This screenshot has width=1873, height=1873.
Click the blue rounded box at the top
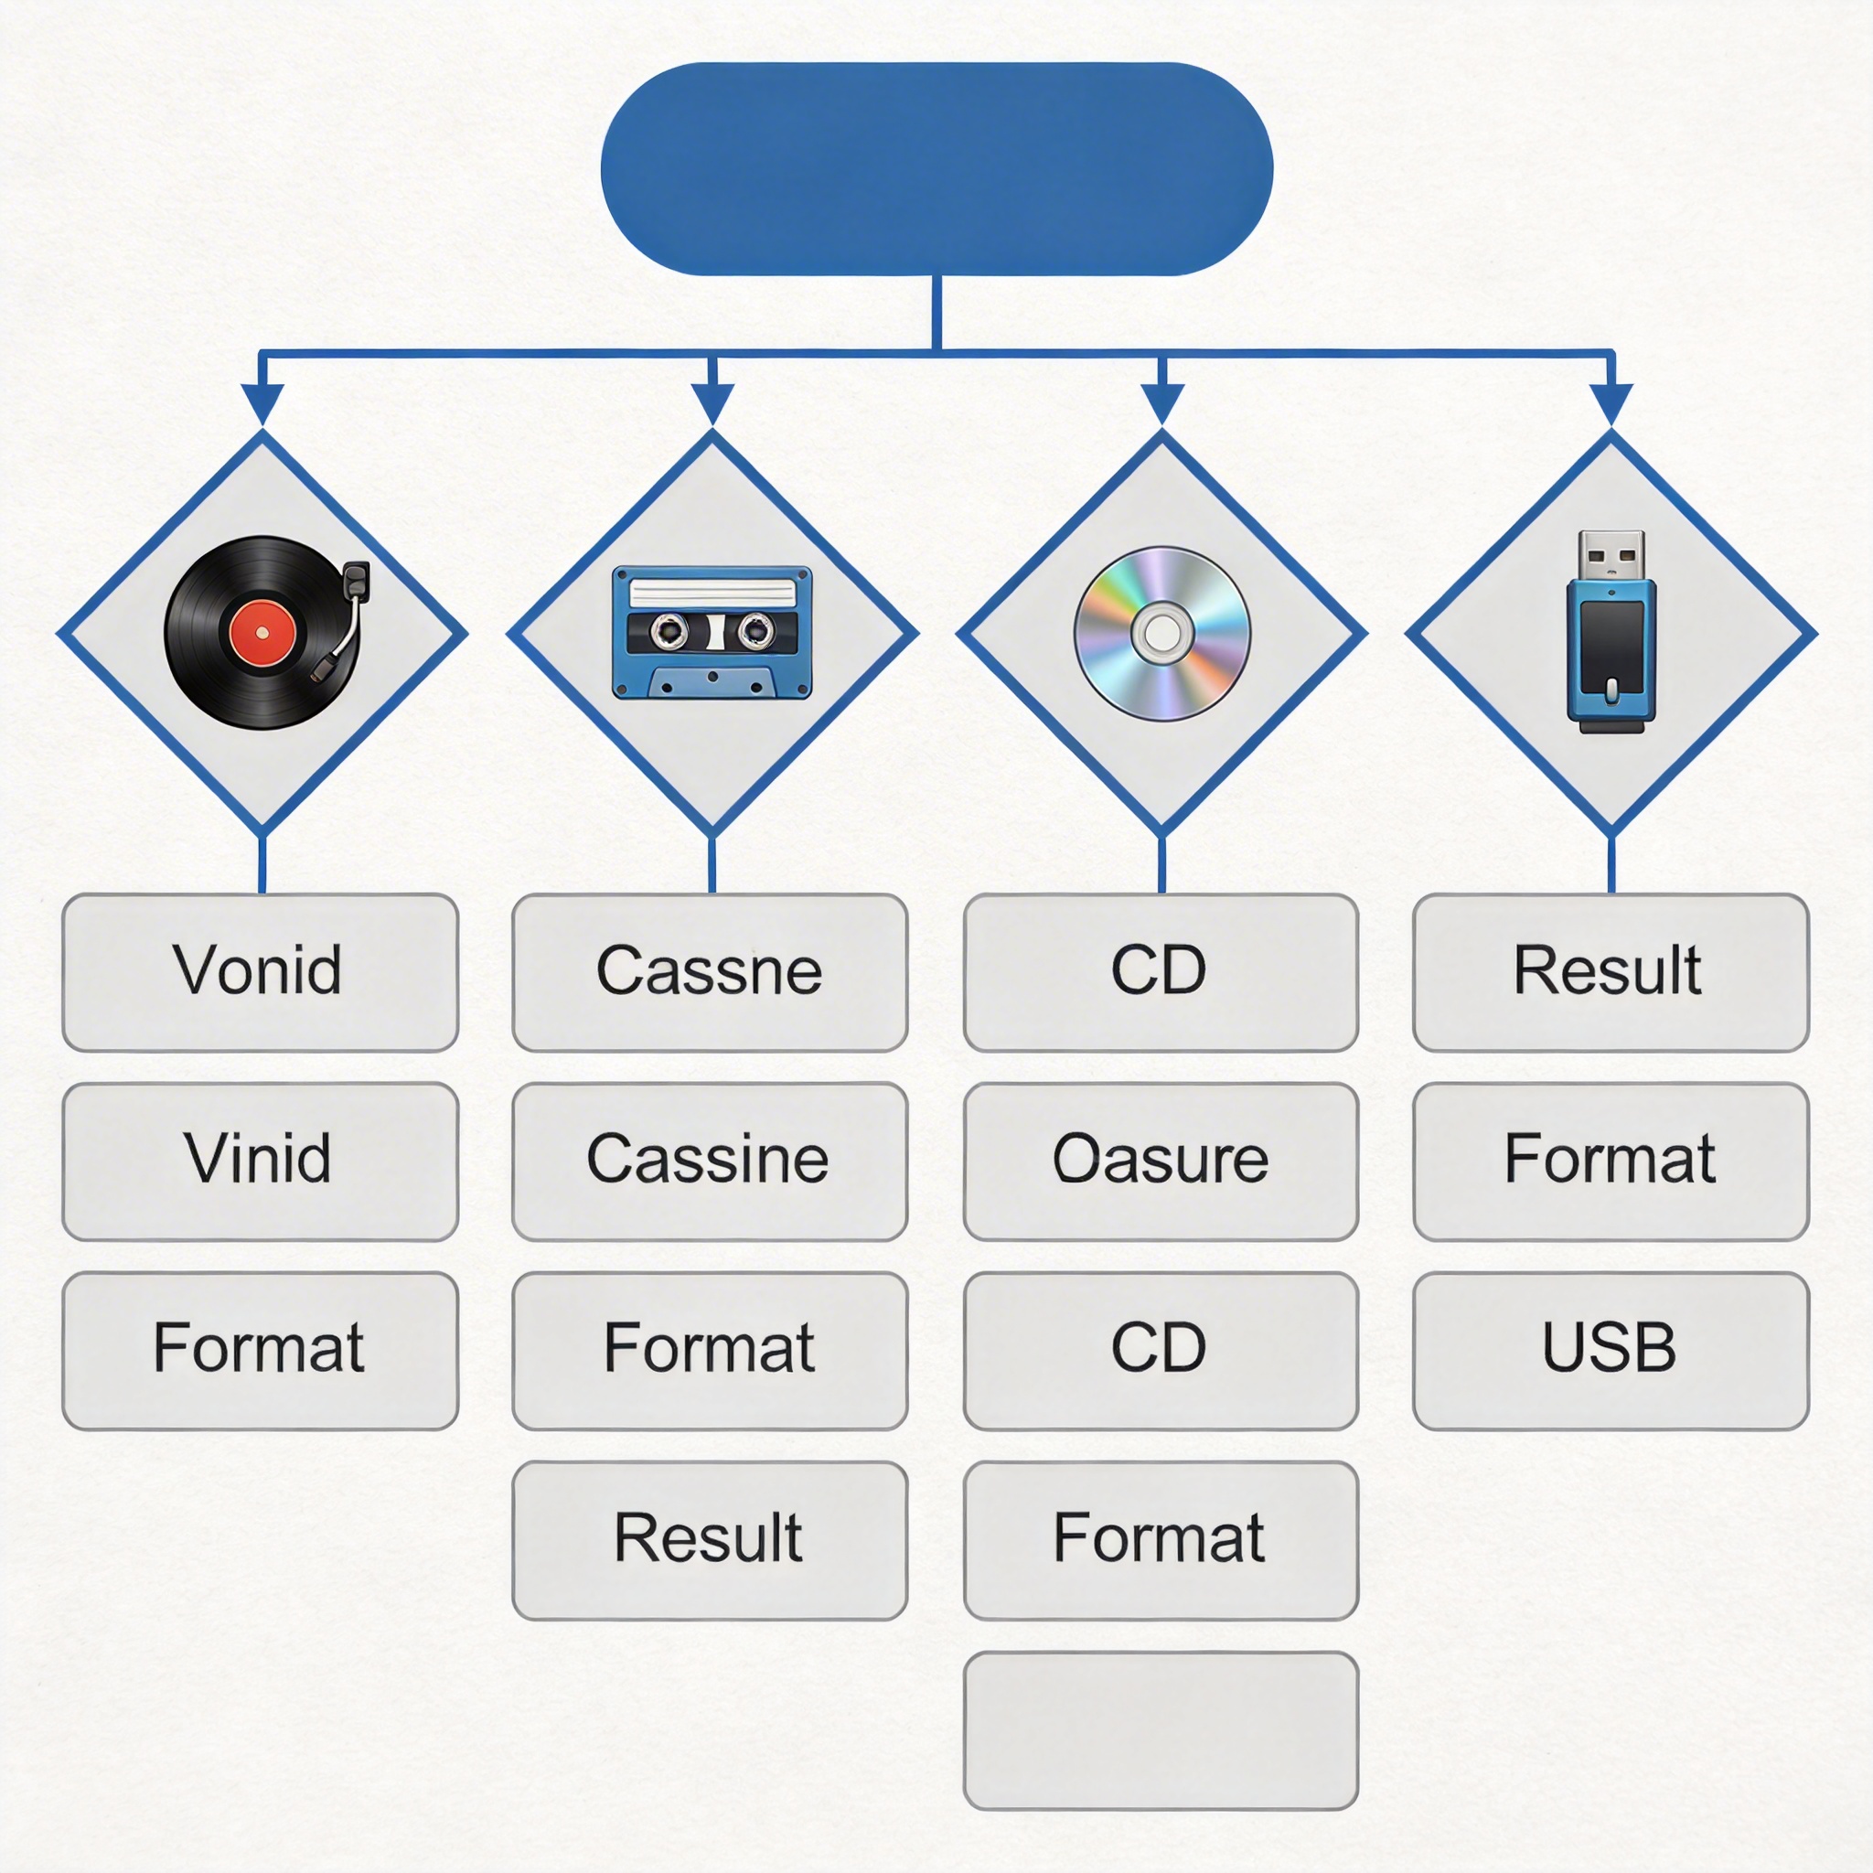tap(936, 168)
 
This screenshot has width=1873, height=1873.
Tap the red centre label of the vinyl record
tap(262, 633)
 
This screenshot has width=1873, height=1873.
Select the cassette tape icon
tap(712, 632)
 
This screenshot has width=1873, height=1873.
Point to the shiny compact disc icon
tap(1161, 633)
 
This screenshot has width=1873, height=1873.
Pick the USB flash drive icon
tap(1611, 632)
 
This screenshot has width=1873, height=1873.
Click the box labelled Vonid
tap(260, 972)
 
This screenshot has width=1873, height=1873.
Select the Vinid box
tap(260, 1161)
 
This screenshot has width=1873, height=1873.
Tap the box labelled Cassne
tap(710, 972)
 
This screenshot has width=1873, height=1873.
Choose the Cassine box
tap(710, 1161)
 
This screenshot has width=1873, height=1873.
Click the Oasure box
tap(1161, 1161)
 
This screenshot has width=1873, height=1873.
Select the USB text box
tap(1611, 1351)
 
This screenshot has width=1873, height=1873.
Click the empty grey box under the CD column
tap(1161, 1730)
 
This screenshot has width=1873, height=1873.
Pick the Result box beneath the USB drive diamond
tap(1611, 972)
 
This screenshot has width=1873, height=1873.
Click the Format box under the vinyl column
tap(260, 1351)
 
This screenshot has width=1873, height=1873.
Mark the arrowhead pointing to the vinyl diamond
tap(262, 402)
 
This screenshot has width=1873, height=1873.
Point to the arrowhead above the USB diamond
tap(1611, 402)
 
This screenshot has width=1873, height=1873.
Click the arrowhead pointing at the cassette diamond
tap(712, 402)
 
